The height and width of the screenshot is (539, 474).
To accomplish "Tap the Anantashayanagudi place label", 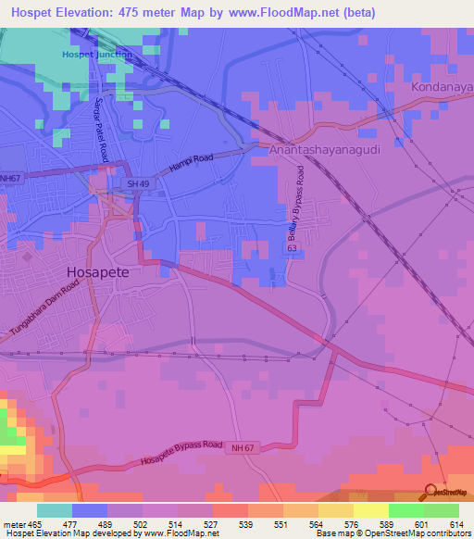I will (320, 148).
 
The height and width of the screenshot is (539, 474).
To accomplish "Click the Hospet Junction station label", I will (96, 55).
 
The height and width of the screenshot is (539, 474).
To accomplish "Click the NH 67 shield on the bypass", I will (241, 447).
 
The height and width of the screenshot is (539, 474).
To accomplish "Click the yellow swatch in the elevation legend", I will (370, 510).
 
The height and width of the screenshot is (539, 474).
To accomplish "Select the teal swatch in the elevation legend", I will (55, 510).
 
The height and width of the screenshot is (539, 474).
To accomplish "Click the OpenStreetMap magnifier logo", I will (429, 491).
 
